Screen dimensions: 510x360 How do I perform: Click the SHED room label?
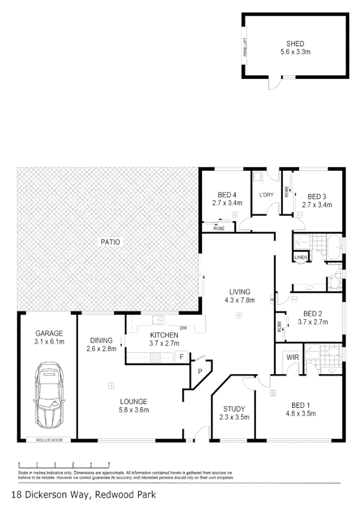tap(294, 43)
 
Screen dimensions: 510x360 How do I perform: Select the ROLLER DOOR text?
tap(49, 440)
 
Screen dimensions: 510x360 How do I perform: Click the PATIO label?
tap(110, 242)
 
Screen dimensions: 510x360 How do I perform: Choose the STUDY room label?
tap(233, 408)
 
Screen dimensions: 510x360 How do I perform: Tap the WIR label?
tap(293, 358)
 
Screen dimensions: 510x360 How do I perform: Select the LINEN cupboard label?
tap(301, 257)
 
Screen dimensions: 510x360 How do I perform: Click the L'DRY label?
tap(266, 195)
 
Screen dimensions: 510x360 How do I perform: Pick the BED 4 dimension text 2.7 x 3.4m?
tap(227, 203)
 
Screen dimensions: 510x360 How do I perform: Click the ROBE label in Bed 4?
tap(219, 229)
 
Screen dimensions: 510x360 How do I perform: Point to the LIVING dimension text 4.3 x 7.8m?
tap(240, 300)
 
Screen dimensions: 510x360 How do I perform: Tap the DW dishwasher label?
tap(184, 328)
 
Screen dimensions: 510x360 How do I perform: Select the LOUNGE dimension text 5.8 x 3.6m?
tap(133, 410)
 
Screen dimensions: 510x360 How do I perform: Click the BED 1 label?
tap(301, 404)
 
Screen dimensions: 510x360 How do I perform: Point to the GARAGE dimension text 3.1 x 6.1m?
tap(49, 342)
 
